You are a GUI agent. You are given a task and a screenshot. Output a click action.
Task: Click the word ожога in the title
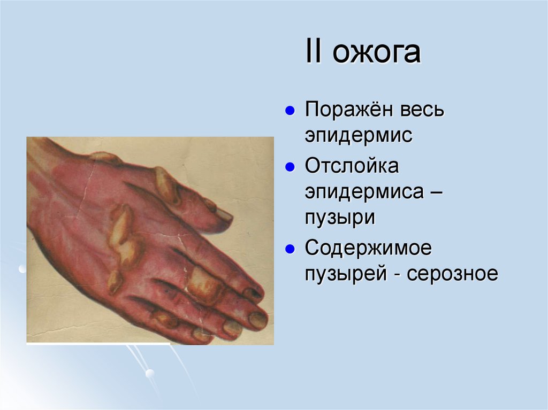tap(378, 55)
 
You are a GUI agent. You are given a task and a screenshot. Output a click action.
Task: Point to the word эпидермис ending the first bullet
tap(359, 135)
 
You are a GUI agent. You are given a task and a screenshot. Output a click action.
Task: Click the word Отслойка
tap(352, 166)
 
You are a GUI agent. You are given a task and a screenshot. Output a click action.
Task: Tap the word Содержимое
tap(369, 249)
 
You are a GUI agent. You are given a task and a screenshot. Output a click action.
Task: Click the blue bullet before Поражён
tap(289, 111)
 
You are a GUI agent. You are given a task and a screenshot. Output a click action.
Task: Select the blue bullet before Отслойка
tap(289, 166)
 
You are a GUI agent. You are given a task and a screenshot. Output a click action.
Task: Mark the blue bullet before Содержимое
tap(289, 249)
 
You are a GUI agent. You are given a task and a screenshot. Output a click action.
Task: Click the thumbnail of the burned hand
tap(150, 240)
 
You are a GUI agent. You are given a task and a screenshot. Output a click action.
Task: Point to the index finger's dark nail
tap(252, 293)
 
